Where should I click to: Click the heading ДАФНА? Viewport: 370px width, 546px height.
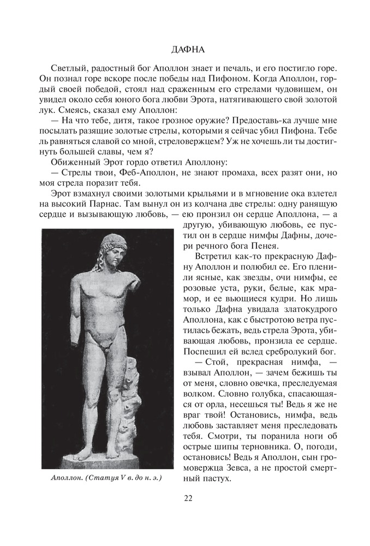click(x=185, y=50)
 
